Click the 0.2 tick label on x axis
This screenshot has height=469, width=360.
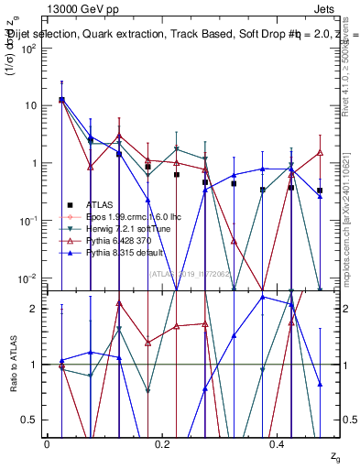point(163,443)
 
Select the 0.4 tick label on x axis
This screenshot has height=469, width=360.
point(278,443)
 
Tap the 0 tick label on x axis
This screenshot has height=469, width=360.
point(47,443)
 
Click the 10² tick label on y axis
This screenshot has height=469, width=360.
point(29,49)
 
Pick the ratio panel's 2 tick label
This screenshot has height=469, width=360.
point(35,309)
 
